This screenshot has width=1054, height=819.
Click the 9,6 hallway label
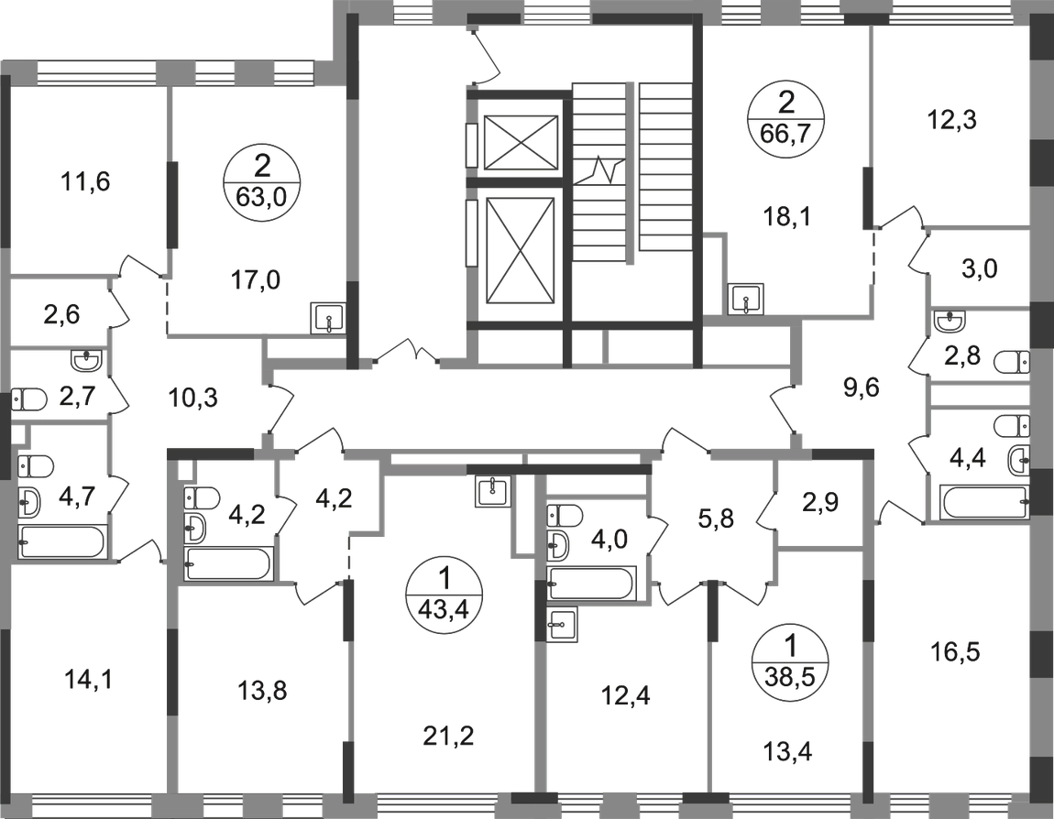coord(861,388)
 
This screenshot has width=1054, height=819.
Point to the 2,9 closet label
coord(815,502)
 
